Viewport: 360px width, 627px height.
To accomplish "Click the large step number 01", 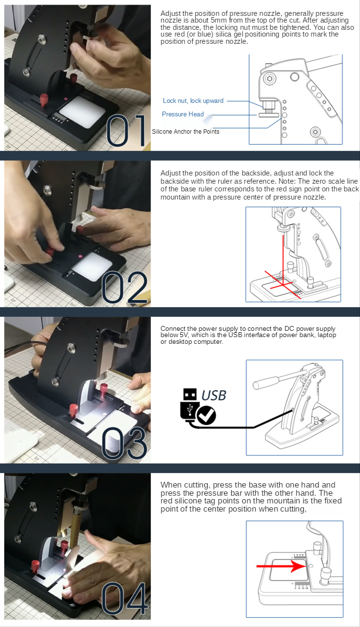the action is point(126,130).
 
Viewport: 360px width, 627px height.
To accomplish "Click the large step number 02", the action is point(124,288).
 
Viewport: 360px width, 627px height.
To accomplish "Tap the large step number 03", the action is point(124,443).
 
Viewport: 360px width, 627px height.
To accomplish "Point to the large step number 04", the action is point(124,599).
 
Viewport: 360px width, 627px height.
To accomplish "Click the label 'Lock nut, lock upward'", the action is point(193,101).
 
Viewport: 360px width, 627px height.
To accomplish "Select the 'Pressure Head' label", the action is point(183,114).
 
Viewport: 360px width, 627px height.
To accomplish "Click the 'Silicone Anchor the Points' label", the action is point(186,132).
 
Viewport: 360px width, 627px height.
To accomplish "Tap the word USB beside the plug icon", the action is point(214,396).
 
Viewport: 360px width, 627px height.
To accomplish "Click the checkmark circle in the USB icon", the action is point(206,415).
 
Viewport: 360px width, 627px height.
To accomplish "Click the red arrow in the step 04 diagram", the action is point(281,566).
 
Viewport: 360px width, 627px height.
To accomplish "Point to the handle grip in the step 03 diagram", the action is point(266,383).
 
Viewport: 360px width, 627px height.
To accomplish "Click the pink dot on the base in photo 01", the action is point(66,99).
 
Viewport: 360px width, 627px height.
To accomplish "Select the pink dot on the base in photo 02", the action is point(80,256).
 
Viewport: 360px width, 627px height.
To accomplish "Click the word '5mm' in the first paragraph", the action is point(219,20).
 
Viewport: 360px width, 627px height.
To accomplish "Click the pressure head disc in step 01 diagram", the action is point(269,115).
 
